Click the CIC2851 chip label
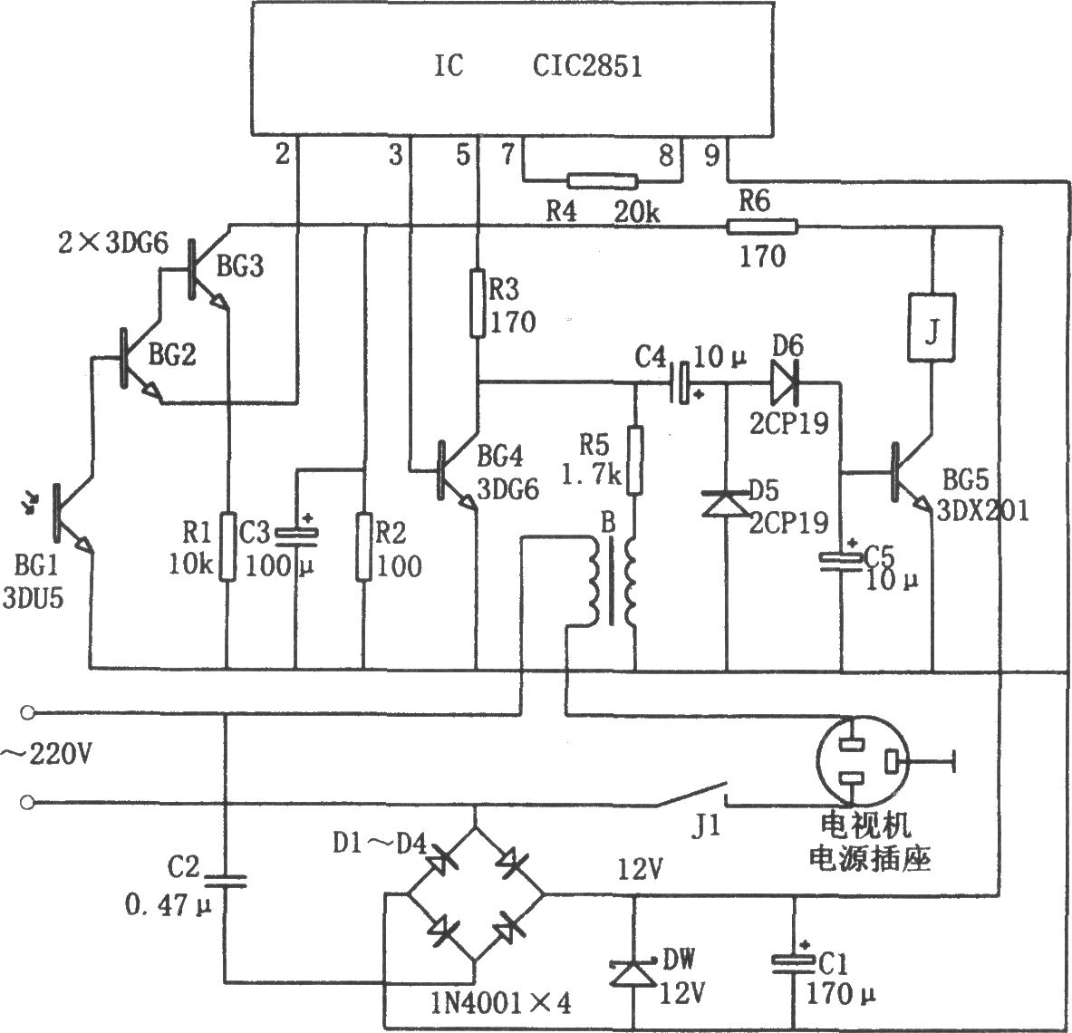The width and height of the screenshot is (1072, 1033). coord(587,66)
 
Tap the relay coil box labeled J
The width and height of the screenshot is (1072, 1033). coord(932,327)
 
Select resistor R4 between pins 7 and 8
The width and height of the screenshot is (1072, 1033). coord(602,181)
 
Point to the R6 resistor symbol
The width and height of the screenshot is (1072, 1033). coord(761,226)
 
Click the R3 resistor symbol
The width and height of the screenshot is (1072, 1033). coord(478,304)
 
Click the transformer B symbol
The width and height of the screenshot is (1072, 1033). coord(611,581)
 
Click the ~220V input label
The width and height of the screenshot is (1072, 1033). coord(46,756)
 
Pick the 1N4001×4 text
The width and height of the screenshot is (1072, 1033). coord(500,1004)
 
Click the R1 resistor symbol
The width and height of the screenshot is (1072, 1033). coord(228,546)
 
